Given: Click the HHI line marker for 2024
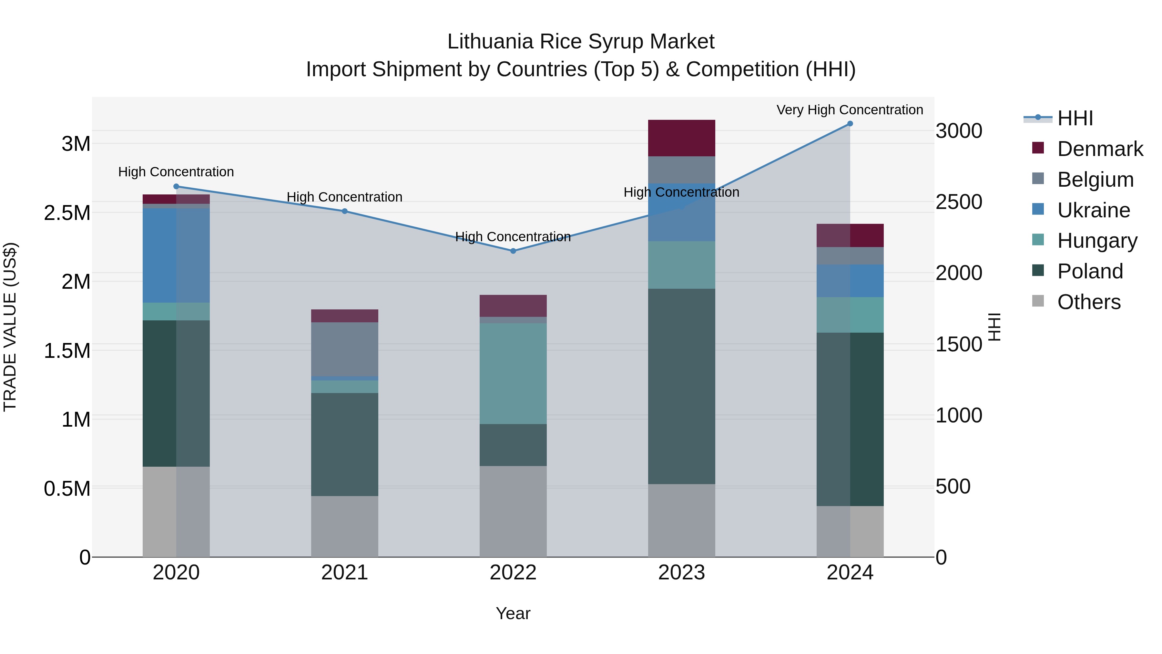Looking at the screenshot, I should [x=850, y=124].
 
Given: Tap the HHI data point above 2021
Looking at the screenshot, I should [x=345, y=211].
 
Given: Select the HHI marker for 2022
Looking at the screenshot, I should [x=513, y=251].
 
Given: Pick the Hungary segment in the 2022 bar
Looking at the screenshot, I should [x=513, y=374].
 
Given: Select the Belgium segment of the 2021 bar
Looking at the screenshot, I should [x=345, y=349].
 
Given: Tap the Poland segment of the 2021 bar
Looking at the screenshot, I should [x=345, y=445].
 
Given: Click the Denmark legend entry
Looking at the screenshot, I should [x=1100, y=149].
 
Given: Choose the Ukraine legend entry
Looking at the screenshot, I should [x=1094, y=210].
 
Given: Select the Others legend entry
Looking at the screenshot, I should [x=1088, y=302].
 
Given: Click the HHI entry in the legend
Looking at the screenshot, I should [x=1075, y=118].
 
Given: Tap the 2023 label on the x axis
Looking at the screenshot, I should [x=681, y=573].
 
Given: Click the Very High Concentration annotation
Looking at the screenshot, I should [x=850, y=110].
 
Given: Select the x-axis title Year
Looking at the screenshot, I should [x=513, y=613].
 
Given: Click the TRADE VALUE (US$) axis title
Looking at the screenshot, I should [x=10, y=327].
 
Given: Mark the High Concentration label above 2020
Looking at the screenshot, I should [x=176, y=172].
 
